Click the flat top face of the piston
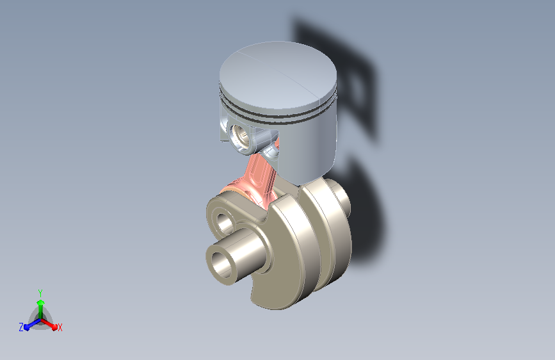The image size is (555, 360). tap(278, 74)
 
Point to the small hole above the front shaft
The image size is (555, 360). tap(225, 222)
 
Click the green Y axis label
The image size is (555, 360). tap(40, 293)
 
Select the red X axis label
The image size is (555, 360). tap(60, 327)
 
